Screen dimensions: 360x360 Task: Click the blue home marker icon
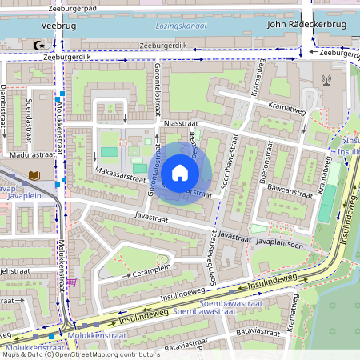click(x=180, y=173)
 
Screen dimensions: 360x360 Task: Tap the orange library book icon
click(x=34, y=174)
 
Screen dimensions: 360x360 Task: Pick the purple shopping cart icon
click(x=73, y=281)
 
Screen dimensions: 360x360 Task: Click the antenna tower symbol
click(x=326, y=79)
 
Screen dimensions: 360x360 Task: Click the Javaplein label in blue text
click(x=19, y=194)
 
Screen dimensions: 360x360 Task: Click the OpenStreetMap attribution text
click(x=80, y=354)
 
